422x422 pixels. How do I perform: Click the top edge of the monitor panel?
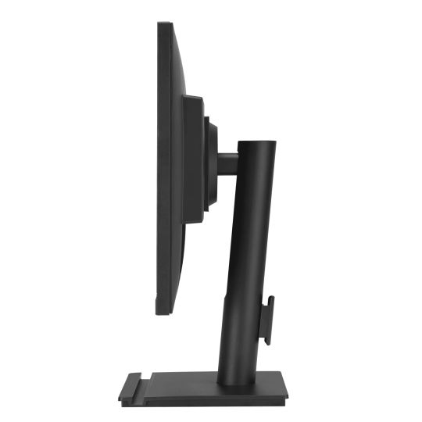169,27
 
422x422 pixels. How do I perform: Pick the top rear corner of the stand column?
276,142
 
